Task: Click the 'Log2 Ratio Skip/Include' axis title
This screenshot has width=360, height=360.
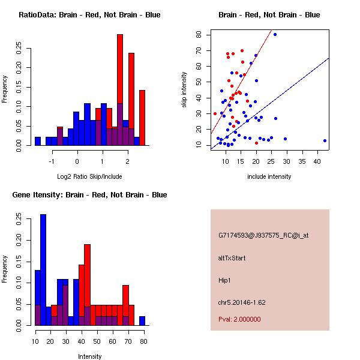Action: (89, 176)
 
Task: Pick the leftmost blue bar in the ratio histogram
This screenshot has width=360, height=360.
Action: (38, 141)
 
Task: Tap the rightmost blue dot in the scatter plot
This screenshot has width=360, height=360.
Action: (325, 140)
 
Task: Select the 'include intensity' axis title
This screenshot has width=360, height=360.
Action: (269, 176)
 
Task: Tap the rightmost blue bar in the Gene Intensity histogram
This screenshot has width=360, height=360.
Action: (142, 321)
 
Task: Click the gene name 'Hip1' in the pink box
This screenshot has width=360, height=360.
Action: (225, 280)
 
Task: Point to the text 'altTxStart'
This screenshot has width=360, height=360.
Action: (232, 258)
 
